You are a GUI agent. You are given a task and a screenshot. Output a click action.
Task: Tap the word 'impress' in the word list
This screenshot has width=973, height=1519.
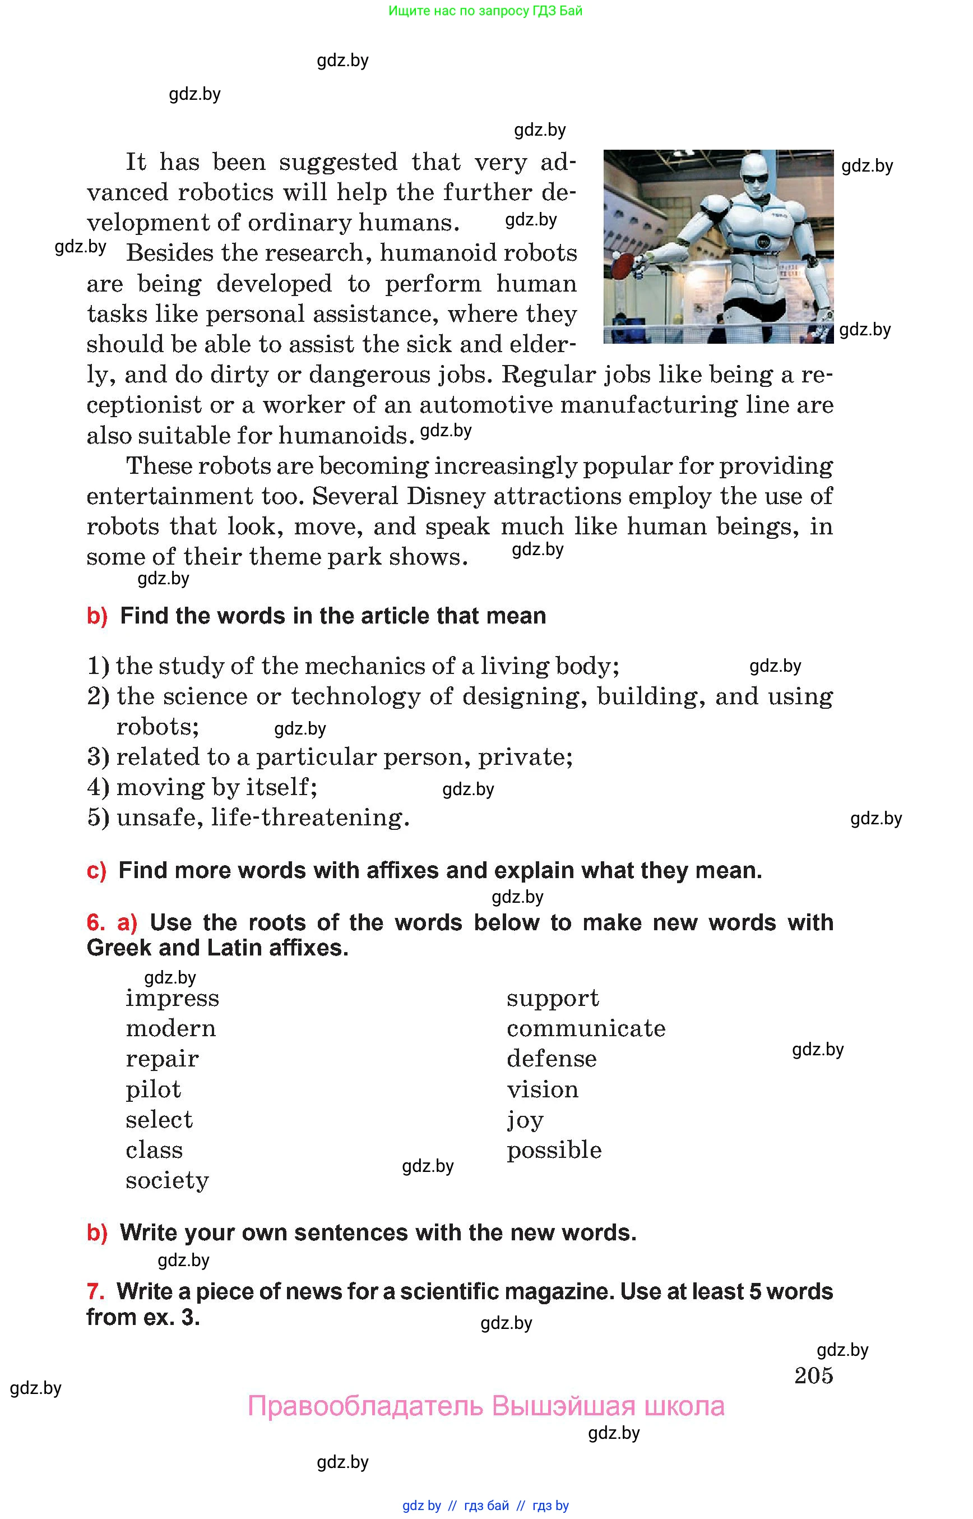(172, 998)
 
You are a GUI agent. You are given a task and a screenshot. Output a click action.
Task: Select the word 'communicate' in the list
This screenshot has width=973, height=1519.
(586, 1028)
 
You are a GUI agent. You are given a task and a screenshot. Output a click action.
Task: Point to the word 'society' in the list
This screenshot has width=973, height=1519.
(167, 1180)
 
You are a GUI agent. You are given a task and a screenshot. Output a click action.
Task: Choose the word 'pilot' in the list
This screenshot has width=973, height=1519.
(153, 1089)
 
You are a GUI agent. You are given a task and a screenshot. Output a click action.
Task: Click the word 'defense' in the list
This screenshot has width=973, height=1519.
(551, 1059)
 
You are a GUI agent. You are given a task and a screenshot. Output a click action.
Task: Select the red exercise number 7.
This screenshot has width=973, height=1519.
(95, 1291)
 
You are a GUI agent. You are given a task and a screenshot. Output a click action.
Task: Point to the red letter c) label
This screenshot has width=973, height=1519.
(96, 870)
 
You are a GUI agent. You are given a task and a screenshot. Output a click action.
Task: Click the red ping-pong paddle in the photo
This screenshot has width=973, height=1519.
(622, 264)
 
